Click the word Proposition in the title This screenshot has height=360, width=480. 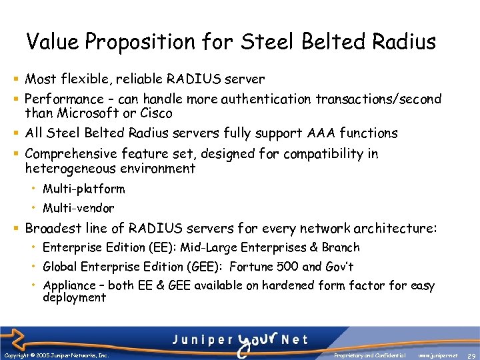tap(143, 43)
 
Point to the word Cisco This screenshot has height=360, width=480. tap(155, 113)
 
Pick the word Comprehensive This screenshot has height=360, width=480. tap(71, 154)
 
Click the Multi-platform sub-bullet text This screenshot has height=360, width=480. tap(83, 189)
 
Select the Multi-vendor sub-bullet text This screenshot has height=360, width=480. tap(78, 208)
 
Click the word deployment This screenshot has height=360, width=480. tap(74, 298)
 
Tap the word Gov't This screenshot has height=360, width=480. tap(339, 267)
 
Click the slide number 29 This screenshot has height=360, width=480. tap(471, 356)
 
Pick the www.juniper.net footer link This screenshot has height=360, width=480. tap(437, 355)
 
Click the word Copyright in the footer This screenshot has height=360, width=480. tap(14, 355)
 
